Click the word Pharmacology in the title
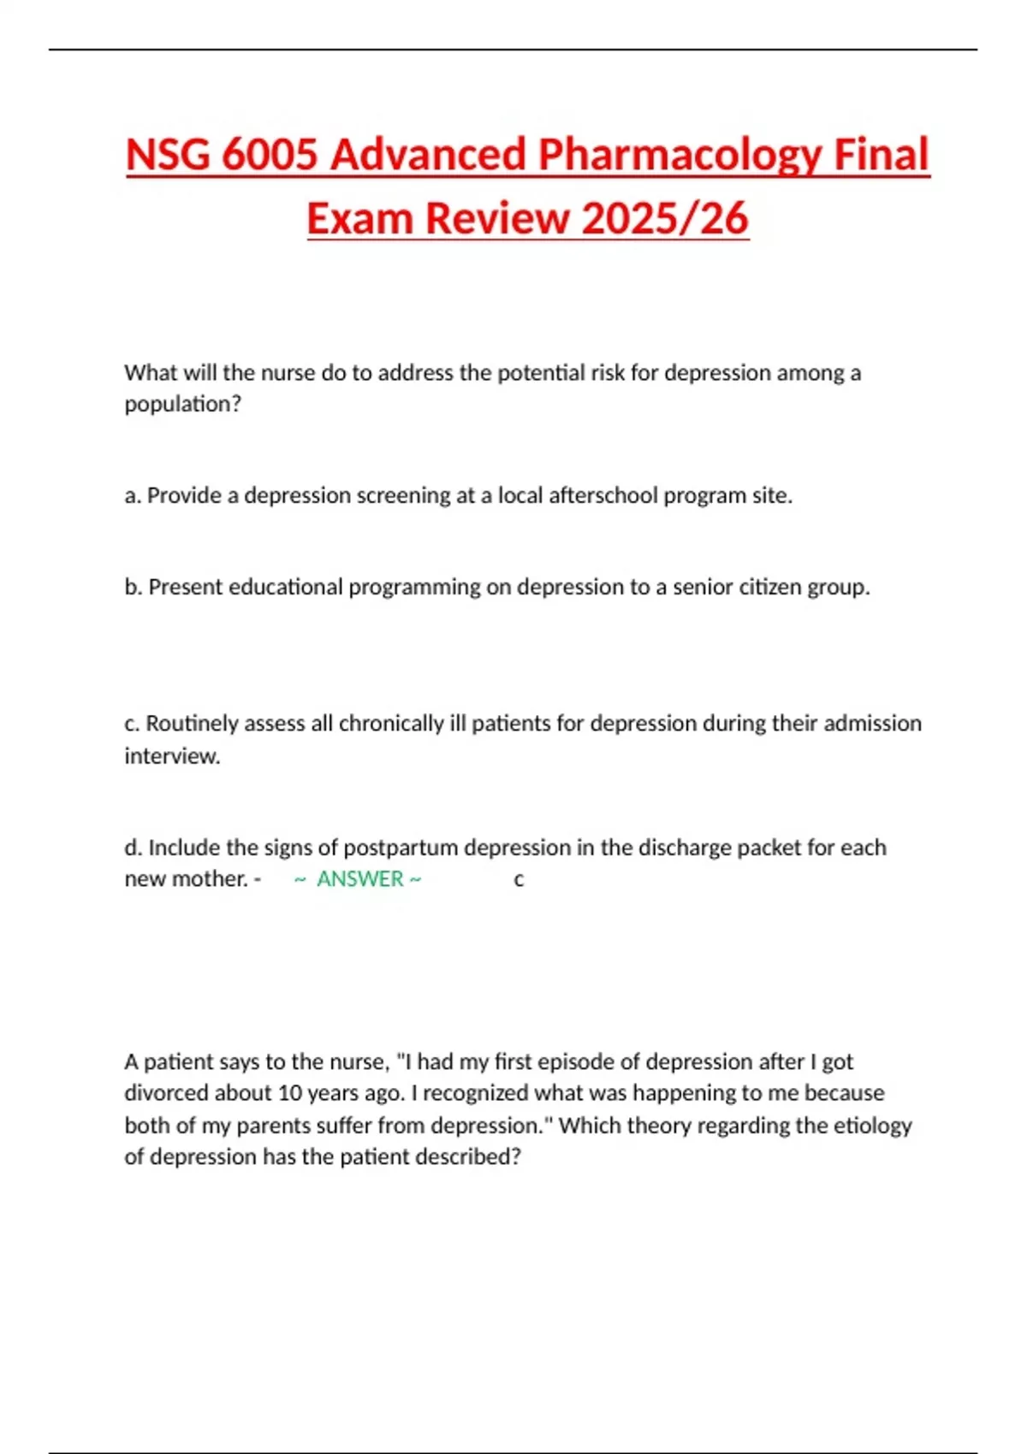[680, 156]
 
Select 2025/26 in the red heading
[665, 218]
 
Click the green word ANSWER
[359, 879]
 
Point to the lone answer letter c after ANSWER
[519, 880]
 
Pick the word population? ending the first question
[183, 405]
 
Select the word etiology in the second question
[874, 1126]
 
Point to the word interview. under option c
[172, 756]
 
